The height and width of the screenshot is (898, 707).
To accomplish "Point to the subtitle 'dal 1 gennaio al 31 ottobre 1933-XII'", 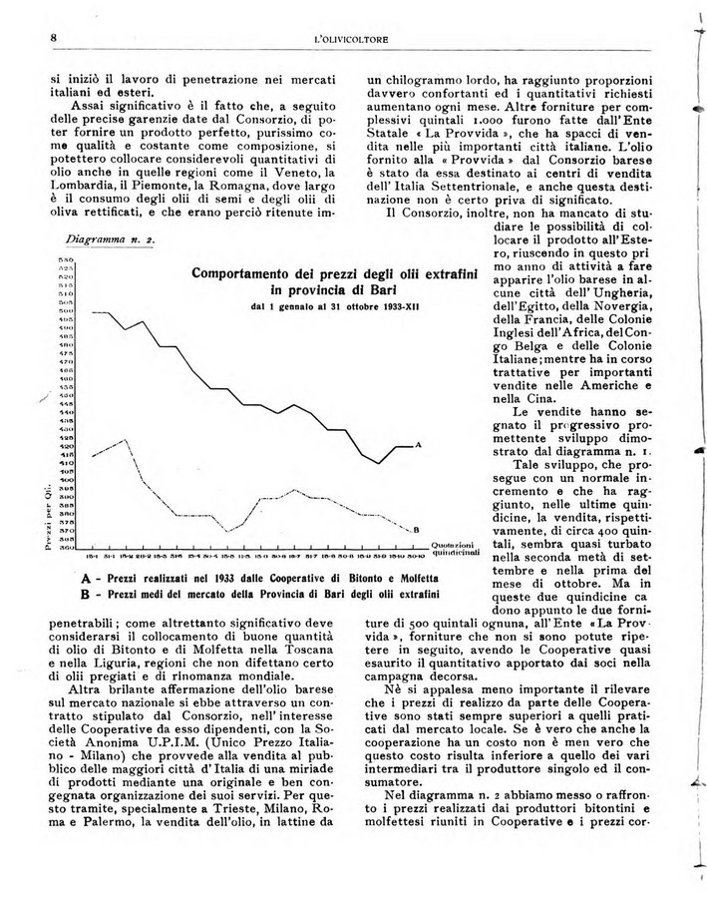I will (335, 306).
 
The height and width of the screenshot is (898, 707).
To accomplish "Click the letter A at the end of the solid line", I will (417, 445).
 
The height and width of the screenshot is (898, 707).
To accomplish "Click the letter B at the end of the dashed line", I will (416, 529).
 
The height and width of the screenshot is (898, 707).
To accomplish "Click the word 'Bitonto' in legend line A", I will (353, 578).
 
